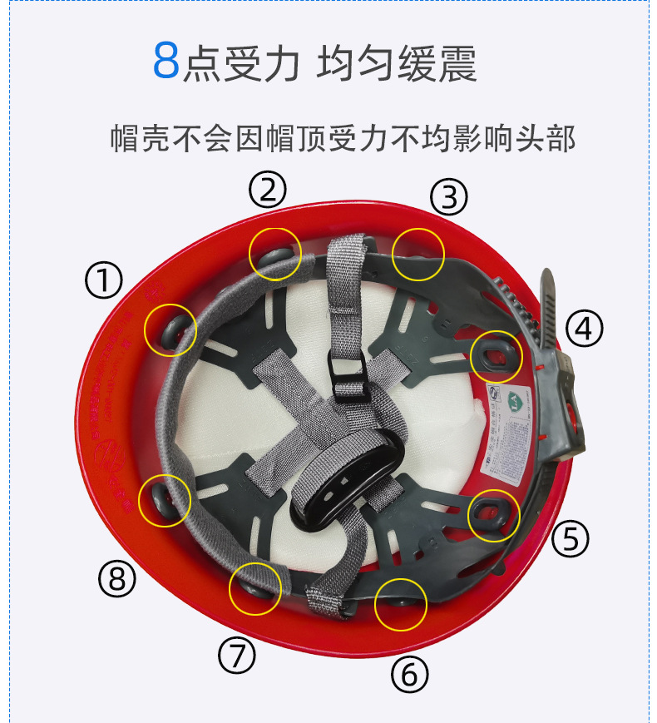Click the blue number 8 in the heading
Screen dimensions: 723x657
pos(166,62)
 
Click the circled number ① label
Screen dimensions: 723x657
pos(104,281)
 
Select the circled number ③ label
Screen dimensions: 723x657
pos(449,197)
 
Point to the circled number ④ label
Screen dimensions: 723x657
pos(584,329)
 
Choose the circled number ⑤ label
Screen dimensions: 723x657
pos(571,538)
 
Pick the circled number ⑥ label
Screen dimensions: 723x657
pos(409,673)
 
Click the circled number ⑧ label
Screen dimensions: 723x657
pos(116,577)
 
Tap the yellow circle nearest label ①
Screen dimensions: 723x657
pos(170,330)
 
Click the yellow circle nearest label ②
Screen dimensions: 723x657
pos(275,251)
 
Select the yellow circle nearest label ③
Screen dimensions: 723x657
pos(418,254)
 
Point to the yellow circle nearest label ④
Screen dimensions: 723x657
pos(496,355)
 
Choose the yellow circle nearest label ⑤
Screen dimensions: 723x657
pos(494,516)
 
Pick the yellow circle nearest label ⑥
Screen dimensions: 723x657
pos(401,604)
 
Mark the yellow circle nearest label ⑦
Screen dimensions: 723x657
pos(254,588)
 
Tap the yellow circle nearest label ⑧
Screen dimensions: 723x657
pos(165,499)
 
